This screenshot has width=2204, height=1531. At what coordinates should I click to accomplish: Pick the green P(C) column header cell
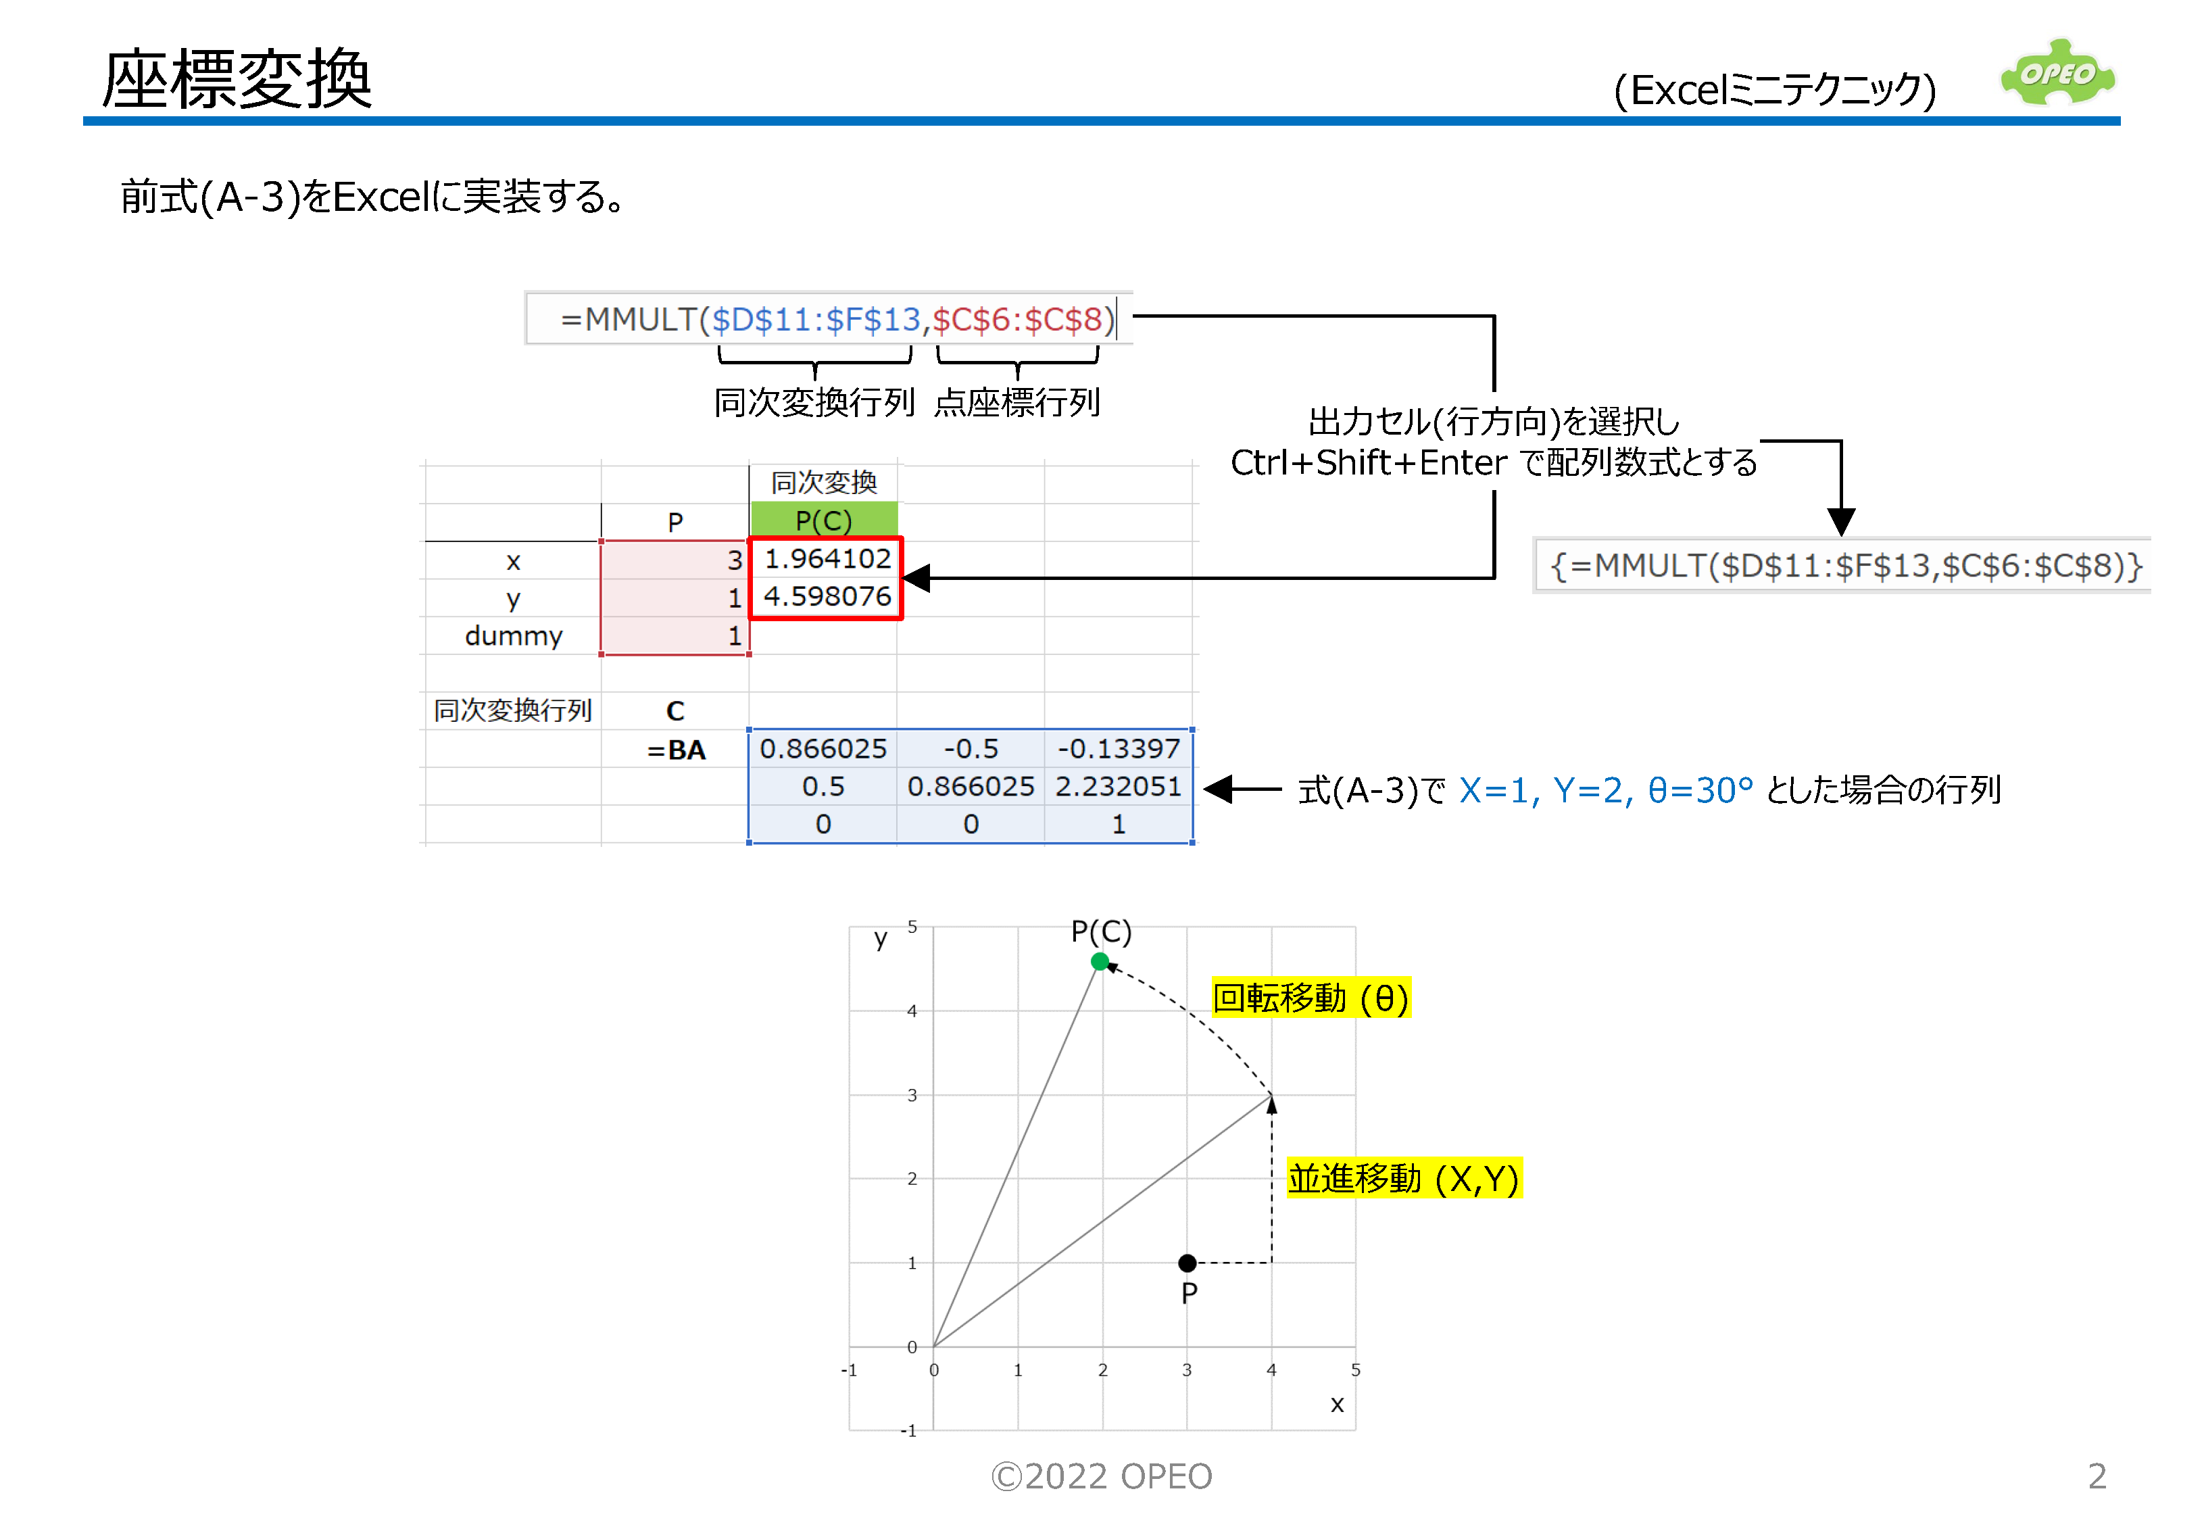[x=823, y=521]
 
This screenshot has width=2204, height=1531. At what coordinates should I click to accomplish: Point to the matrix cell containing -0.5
[x=970, y=748]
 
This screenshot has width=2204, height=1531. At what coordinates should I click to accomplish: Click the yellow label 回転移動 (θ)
[x=1309, y=998]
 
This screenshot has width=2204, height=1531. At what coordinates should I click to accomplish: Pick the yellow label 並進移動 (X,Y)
[x=1402, y=1179]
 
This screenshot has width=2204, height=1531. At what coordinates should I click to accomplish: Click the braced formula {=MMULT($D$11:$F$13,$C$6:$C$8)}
[x=1844, y=566]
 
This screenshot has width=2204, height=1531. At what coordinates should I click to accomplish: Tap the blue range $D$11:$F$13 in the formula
[x=815, y=320]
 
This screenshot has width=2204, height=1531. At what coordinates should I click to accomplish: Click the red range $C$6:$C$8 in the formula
[x=1016, y=320]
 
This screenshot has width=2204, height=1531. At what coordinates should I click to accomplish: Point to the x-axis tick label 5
[x=1354, y=1370]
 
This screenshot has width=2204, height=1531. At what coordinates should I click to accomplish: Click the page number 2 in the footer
[x=2097, y=1476]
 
